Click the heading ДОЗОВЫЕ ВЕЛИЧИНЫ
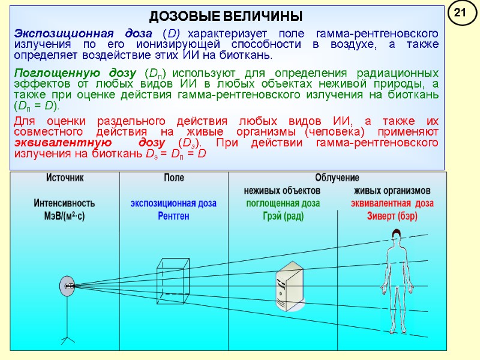coord(226,16)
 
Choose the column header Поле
coord(174,178)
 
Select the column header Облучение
coord(337,178)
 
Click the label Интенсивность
coord(65,203)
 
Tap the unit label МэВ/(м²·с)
coord(65,216)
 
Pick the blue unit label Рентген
coord(174,216)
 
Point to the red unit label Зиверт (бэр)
coord(392,216)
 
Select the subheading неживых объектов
coord(282,190)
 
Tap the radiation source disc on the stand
coord(67,286)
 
